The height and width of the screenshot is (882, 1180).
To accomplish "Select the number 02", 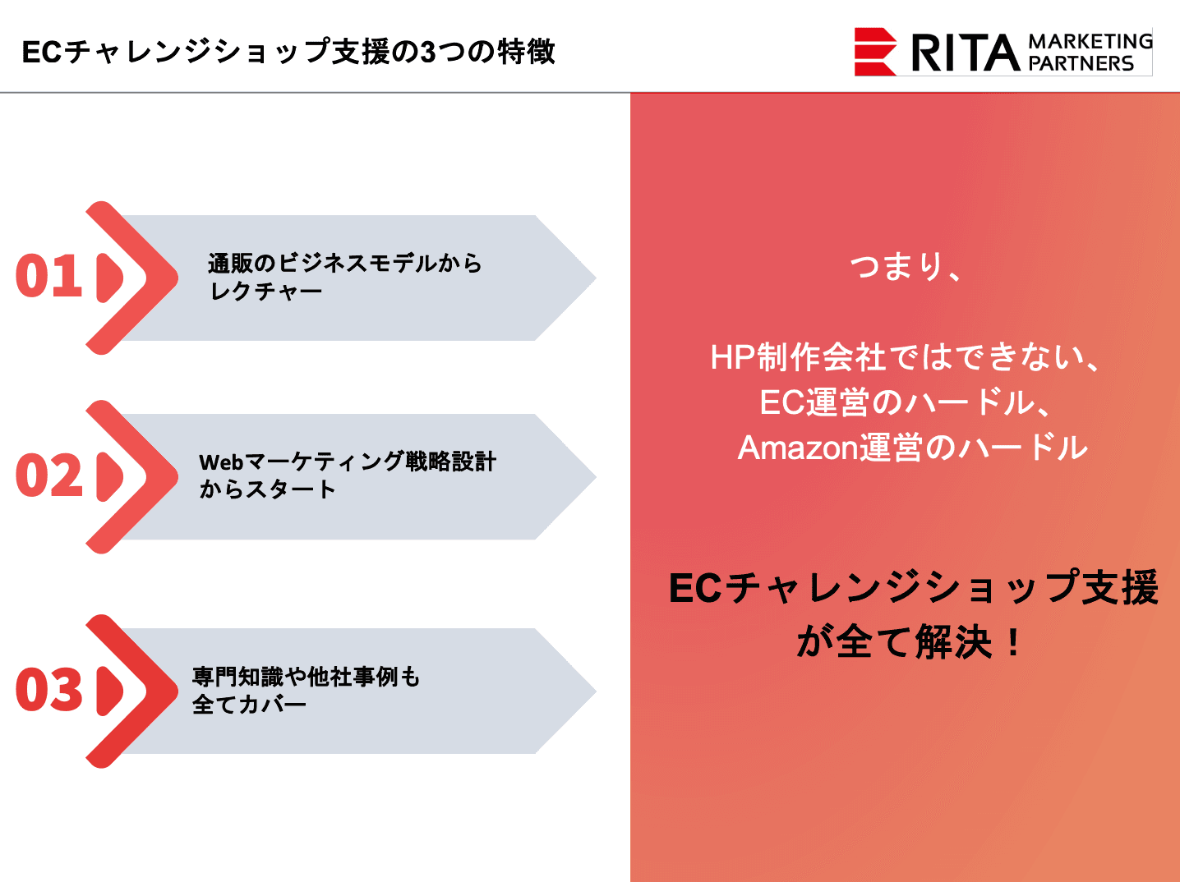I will coord(48,475).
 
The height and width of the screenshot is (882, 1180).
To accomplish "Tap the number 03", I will coord(48,690).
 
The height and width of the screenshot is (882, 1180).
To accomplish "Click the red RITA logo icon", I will coord(875,52).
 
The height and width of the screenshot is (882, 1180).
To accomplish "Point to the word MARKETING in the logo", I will coord(1090,41).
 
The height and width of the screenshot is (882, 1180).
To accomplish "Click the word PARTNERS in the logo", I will coord(1081,63).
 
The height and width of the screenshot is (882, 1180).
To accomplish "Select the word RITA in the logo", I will coord(965,53).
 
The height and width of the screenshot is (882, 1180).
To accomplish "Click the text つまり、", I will coord(905,266).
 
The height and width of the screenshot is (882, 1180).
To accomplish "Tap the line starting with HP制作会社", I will coord(905,356).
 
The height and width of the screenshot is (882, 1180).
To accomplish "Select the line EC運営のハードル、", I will coord(905,402).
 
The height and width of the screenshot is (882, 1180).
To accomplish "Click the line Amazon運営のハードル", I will coord(912,448).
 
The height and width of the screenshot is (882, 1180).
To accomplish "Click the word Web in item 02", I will coord(221,462).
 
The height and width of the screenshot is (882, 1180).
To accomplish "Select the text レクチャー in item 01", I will coord(265,292).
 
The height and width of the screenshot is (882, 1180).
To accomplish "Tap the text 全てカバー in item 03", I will coord(249,705).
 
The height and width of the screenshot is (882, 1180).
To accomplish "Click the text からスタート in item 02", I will coord(267,489).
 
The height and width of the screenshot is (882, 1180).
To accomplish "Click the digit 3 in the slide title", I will coord(427,52).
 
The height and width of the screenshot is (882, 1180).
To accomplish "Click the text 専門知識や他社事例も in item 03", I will coord(306,677).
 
